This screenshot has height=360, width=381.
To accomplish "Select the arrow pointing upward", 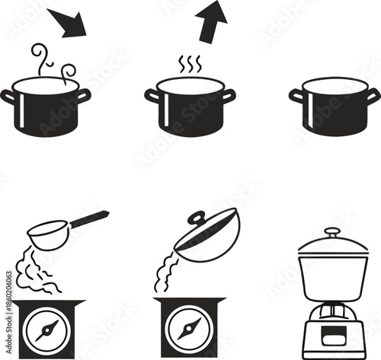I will click(213, 21).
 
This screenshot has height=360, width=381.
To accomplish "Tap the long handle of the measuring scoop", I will click(89, 220).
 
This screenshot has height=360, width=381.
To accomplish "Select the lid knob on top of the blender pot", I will click(332, 232).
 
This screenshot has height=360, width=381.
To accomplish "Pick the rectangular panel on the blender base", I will click(333, 335).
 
